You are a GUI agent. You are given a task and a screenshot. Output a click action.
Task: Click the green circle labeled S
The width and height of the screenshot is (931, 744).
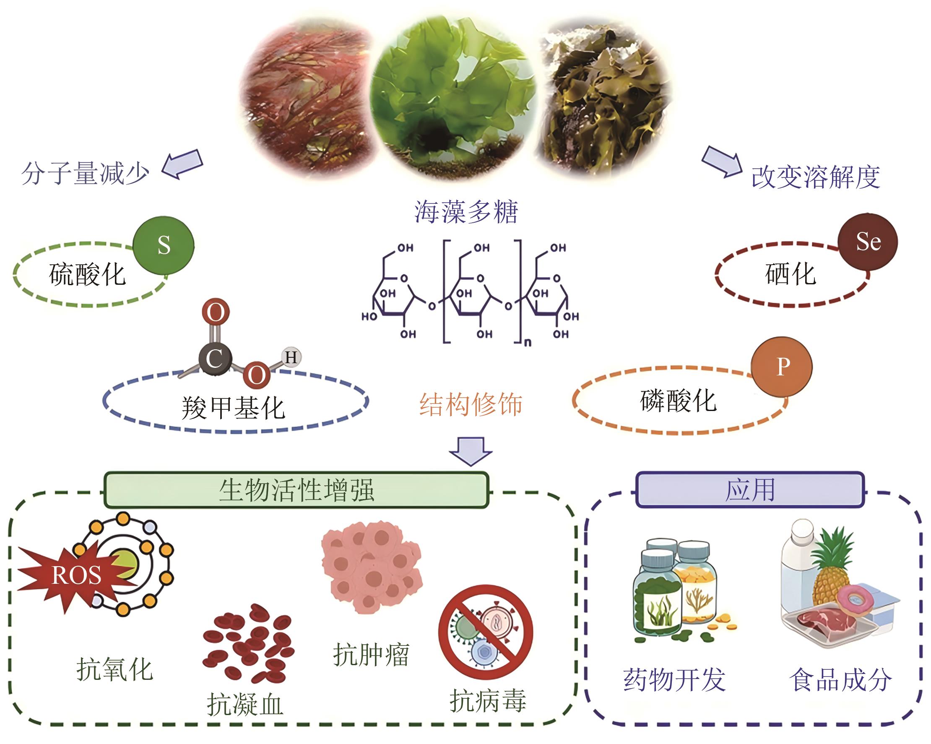pyautogui.click(x=163, y=245)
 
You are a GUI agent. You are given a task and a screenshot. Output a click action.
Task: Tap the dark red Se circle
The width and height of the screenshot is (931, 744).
pyautogui.click(x=868, y=242)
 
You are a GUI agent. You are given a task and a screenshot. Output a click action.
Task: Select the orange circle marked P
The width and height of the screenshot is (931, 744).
pyautogui.click(x=782, y=367)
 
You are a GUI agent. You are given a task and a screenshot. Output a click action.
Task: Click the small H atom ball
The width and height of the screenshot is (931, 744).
pyautogui.click(x=291, y=357)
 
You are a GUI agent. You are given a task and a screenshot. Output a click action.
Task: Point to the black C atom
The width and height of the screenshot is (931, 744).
pyautogui.click(x=215, y=359)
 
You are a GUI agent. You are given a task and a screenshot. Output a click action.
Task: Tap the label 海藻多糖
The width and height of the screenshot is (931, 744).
pyautogui.click(x=466, y=212)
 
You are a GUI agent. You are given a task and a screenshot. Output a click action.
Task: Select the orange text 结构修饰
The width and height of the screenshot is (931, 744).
pyautogui.click(x=471, y=404)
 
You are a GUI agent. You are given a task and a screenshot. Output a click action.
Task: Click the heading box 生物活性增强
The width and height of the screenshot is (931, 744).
pyautogui.click(x=296, y=490)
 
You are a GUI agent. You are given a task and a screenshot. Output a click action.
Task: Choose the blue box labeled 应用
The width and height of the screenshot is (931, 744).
pyautogui.click(x=750, y=490)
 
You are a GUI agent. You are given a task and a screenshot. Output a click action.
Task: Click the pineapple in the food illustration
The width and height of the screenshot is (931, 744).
pyautogui.click(x=831, y=570)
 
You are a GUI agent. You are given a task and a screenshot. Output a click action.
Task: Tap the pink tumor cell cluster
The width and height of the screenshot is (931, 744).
pyautogui.click(x=372, y=566)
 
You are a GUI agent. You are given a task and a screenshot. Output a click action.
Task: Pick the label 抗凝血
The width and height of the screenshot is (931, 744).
pyautogui.click(x=245, y=705)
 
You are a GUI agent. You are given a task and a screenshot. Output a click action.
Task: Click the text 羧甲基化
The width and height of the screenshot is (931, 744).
pyautogui.click(x=233, y=408)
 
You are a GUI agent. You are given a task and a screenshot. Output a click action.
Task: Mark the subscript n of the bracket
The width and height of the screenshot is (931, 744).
pyautogui.click(x=528, y=343)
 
